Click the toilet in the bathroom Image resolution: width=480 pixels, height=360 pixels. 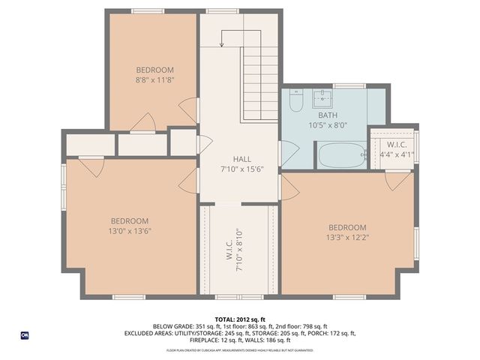[x=296, y=100]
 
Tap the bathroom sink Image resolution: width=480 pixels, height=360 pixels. [x=323, y=97]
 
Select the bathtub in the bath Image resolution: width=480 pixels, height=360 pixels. [x=341, y=156]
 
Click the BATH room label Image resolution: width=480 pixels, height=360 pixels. [x=327, y=115]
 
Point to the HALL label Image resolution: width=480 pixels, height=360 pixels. [x=241, y=159]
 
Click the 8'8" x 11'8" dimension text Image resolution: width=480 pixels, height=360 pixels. [x=154, y=79]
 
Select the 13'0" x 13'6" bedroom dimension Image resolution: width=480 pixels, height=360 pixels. [x=129, y=231]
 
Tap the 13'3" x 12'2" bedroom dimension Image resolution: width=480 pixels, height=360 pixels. [x=347, y=238]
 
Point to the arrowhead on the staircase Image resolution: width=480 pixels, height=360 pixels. [x=222, y=44]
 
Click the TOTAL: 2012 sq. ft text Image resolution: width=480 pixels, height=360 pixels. [x=241, y=319]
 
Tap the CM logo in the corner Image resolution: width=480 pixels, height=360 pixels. [x=25, y=335]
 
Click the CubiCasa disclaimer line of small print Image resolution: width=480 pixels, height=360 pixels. [x=240, y=349]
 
